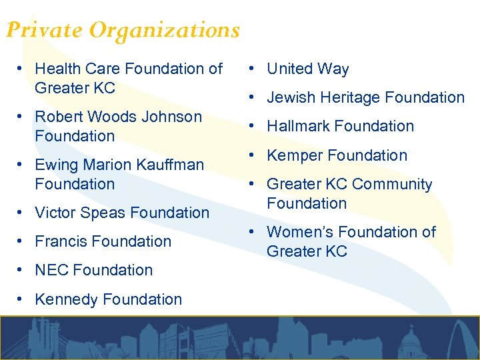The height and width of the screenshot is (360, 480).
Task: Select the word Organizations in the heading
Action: pos(165,30)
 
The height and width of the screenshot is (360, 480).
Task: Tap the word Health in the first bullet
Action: pos(57,69)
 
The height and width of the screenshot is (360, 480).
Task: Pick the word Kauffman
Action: pos(173,165)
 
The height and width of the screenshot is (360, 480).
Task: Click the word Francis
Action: pos(59,241)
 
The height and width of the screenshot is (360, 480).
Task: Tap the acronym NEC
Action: pos(51,270)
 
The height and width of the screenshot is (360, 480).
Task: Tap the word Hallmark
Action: pos(296,126)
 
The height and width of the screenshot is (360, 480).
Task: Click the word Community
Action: pos(392,184)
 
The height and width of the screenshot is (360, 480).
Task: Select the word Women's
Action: pos(294,232)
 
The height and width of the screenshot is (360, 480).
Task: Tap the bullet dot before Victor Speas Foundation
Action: pos(21,213)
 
